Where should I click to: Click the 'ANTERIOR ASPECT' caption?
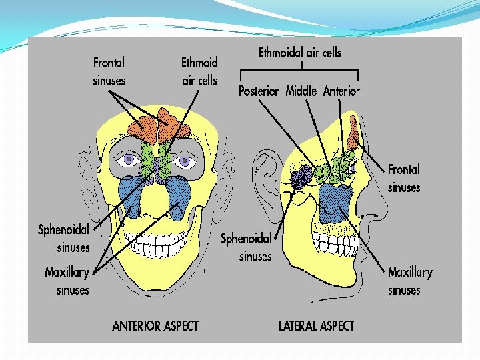[155, 326]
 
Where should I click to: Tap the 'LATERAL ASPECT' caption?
[316, 326]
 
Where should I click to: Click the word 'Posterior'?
[259, 91]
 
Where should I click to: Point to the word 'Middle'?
[301, 91]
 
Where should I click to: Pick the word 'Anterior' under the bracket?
[341, 91]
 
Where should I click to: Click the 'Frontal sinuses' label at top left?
[109, 71]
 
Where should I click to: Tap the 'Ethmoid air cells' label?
[199, 71]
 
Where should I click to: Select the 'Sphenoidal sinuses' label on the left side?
[63, 238]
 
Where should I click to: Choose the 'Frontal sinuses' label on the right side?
[404, 178]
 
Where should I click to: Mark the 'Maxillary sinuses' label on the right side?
[410, 281]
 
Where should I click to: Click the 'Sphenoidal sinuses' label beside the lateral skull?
[246, 247]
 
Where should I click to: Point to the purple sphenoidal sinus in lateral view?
[301, 176]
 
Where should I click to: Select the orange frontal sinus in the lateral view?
[353, 131]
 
